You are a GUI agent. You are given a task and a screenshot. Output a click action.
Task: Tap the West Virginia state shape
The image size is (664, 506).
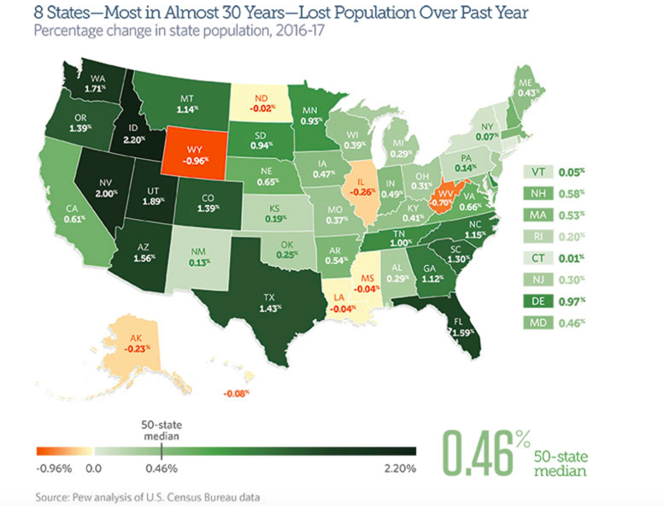tap(441, 201)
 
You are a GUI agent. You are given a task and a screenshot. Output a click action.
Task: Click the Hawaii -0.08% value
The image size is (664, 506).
tap(234, 393)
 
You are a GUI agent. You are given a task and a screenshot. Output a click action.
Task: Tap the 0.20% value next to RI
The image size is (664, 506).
tap(573, 236)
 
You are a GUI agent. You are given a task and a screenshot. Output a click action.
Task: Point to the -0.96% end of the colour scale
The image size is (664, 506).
tap(54, 468)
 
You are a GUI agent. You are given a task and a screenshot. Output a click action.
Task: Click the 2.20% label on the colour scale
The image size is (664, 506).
tap(400, 468)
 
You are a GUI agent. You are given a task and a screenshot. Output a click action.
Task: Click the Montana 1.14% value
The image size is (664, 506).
tap(185, 109)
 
